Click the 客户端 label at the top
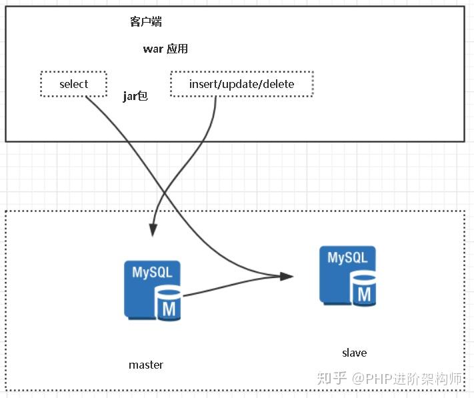click(x=145, y=22)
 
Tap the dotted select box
click(x=73, y=84)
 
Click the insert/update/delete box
click(x=241, y=84)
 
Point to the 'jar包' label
click(x=135, y=97)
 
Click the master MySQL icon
click(x=153, y=289)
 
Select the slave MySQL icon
click(x=347, y=276)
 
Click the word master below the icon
click(x=145, y=365)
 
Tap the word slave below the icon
click(x=354, y=353)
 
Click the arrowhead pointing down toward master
click(x=153, y=229)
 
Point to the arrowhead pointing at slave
click(x=287, y=275)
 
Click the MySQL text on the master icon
click(x=151, y=273)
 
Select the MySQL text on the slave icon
click(x=347, y=258)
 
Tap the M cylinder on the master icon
click(x=169, y=305)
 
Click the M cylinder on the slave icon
click(x=364, y=291)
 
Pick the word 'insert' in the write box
click(x=203, y=84)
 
